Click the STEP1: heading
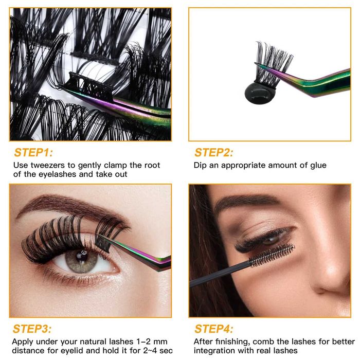pyautogui.click(x=33, y=152)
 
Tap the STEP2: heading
pyautogui.click(x=214, y=152)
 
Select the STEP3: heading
pyautogui.click(x=32, y=329)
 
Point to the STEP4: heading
pyautogui.click(x=214, y=329)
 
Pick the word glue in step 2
pyautogui.click(x=318, y=166)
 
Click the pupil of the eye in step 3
pyautogui.click(x=81, y=255)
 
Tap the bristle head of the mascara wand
pyautogui.click(x=272, y=255)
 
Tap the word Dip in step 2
pyautogui.click(x=200, y=166)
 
